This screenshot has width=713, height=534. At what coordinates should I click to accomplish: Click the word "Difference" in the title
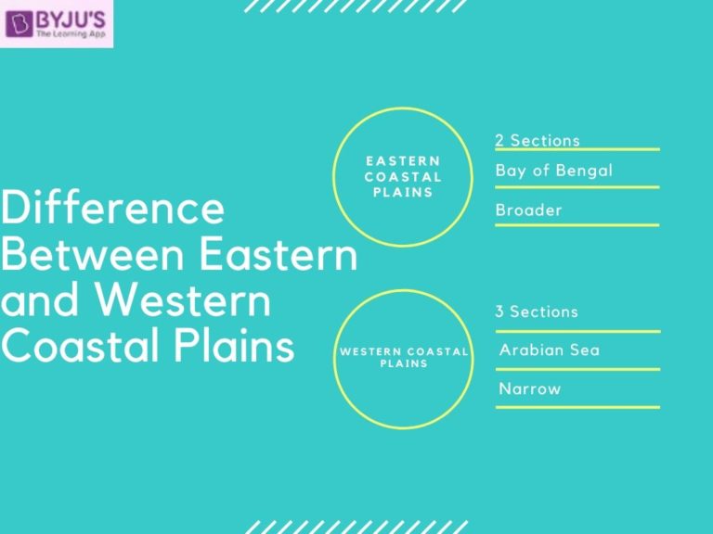click(x=112, y=210)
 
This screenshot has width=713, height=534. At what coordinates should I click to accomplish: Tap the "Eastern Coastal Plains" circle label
click(x=402, y=176)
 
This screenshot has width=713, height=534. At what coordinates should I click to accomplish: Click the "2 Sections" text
click(x=538, y=140)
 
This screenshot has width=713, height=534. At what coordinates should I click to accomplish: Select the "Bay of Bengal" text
click(x=553, y=171)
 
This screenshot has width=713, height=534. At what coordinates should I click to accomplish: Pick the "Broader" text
click(x=528, y=210)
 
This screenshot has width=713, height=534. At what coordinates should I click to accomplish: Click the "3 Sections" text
click(x=536, y=311)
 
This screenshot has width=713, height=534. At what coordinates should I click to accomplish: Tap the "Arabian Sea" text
click(x=549, y=350)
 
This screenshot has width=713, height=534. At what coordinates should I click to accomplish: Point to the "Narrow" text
click(x=529, y=388)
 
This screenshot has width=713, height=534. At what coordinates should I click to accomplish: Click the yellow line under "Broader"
click(x=577, y=224)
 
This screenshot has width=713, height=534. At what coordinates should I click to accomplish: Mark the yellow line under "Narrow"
click(x=577, y=406)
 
